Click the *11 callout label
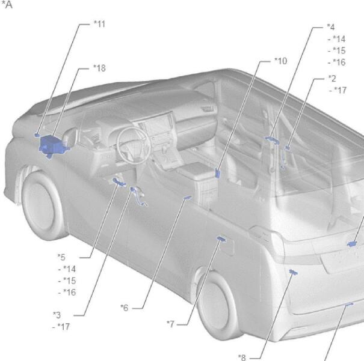(99, 24)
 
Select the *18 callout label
(99, 68)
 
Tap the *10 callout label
(280, 61)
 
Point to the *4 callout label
(331, 27)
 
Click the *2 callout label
(332, 79)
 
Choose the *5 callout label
(61, 257)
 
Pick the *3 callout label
(57, 315)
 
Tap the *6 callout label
(125, 308)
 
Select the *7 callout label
(170, 324)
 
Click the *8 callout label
(242, 357)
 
